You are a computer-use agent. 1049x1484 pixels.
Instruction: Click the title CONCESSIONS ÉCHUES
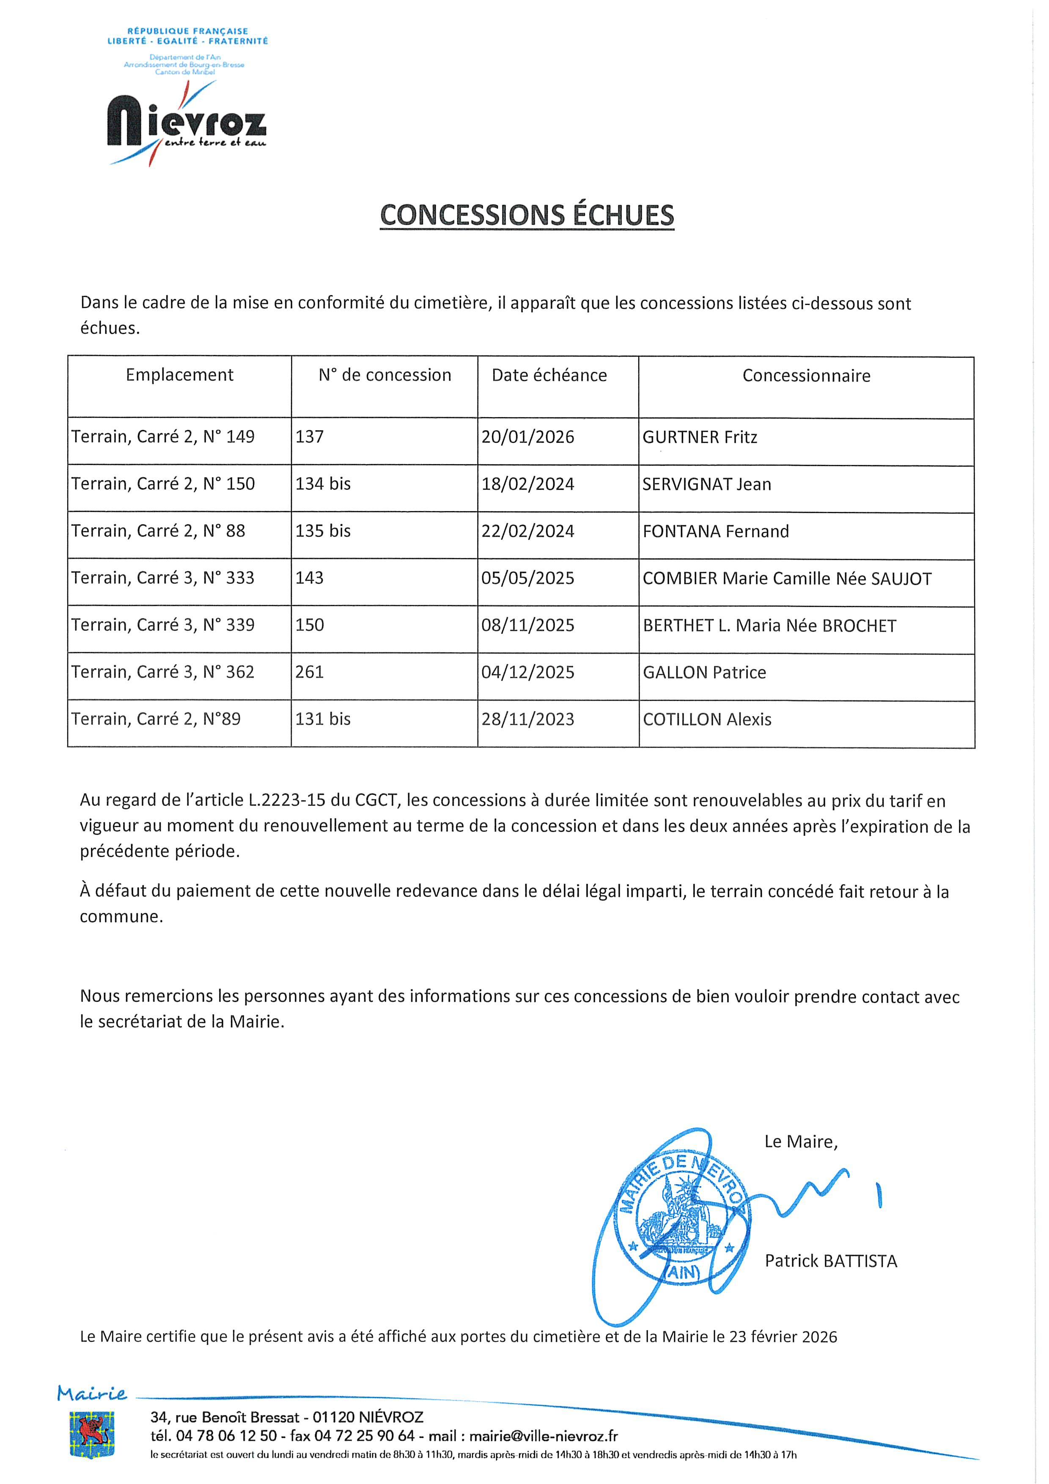[527, 215]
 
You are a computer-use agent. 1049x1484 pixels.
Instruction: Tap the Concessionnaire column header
[806, 376]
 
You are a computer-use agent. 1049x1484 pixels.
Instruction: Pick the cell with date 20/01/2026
[527, 437]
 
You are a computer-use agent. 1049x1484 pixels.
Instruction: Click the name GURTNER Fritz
[699, 437]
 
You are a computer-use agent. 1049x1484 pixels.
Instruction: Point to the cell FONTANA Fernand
[716, 531]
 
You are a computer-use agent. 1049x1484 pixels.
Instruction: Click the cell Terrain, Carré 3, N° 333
[163, 578]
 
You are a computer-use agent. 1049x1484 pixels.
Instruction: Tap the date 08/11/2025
[527, 625]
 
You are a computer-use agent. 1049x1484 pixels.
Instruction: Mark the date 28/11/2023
[527, 720]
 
